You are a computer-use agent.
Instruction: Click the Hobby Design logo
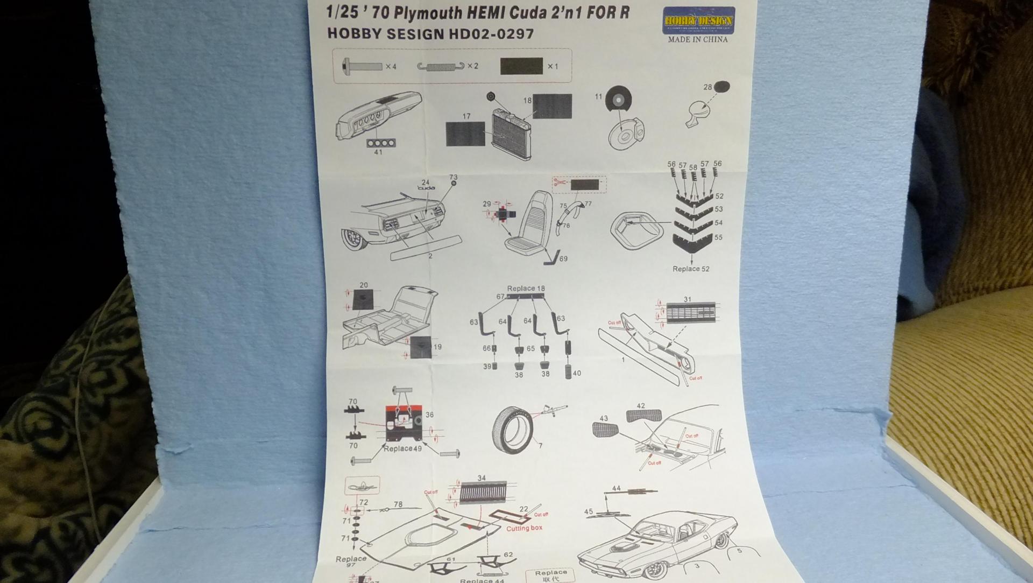tap(698, 20)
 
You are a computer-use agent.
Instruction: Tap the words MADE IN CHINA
tap(698, 39)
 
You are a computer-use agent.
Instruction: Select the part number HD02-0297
tap(489, 33)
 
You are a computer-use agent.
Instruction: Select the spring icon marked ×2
tap(441, 66)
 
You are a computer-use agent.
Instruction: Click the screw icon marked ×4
tap(362, 66)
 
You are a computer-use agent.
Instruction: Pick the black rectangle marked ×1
tap(521, 66)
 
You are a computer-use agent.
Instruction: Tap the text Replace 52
tap(690, 269)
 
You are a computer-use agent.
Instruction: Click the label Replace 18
tap(526, 289)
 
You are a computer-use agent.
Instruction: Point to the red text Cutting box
tap(524, 528)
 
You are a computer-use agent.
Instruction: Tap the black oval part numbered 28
tap(722, 86)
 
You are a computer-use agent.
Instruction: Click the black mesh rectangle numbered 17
tap(465, 134)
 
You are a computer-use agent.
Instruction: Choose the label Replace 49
tap(402, 448)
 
